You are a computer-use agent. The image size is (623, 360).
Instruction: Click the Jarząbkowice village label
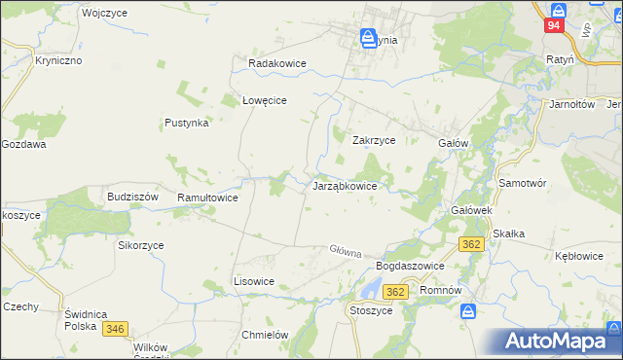click(x=351, y=185)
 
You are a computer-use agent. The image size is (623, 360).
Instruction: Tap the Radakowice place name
click(x=277, y=63)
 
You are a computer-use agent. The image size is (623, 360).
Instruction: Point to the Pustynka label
click(x=187, y=124)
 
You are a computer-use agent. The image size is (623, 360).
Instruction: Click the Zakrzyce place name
click(x=373, y=140)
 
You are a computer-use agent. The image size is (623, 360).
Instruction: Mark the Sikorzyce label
click(x=141, y=246)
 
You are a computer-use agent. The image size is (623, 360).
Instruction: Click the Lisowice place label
click(x=253, y=281)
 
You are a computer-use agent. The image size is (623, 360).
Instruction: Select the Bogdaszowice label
click(x=410, y=266)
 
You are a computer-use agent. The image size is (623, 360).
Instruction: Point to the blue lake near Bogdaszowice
click(x=370, y=288)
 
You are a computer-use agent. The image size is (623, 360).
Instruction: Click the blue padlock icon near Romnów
click(x=469, y=311)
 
